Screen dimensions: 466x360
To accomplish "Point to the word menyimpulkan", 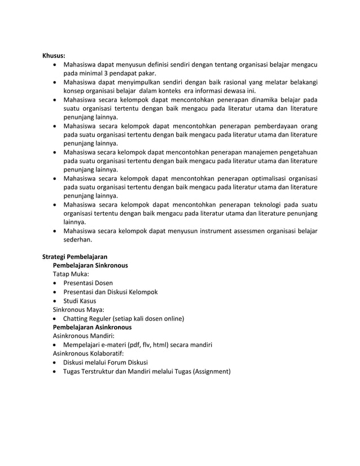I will click(x=141, y=82).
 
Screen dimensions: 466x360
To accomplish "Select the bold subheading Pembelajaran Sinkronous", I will click(x=90, y=265).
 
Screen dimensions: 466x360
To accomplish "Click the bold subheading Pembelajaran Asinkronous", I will click(x=92, y=327).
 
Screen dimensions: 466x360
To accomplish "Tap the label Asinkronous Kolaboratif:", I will click(x=87, y=353).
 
